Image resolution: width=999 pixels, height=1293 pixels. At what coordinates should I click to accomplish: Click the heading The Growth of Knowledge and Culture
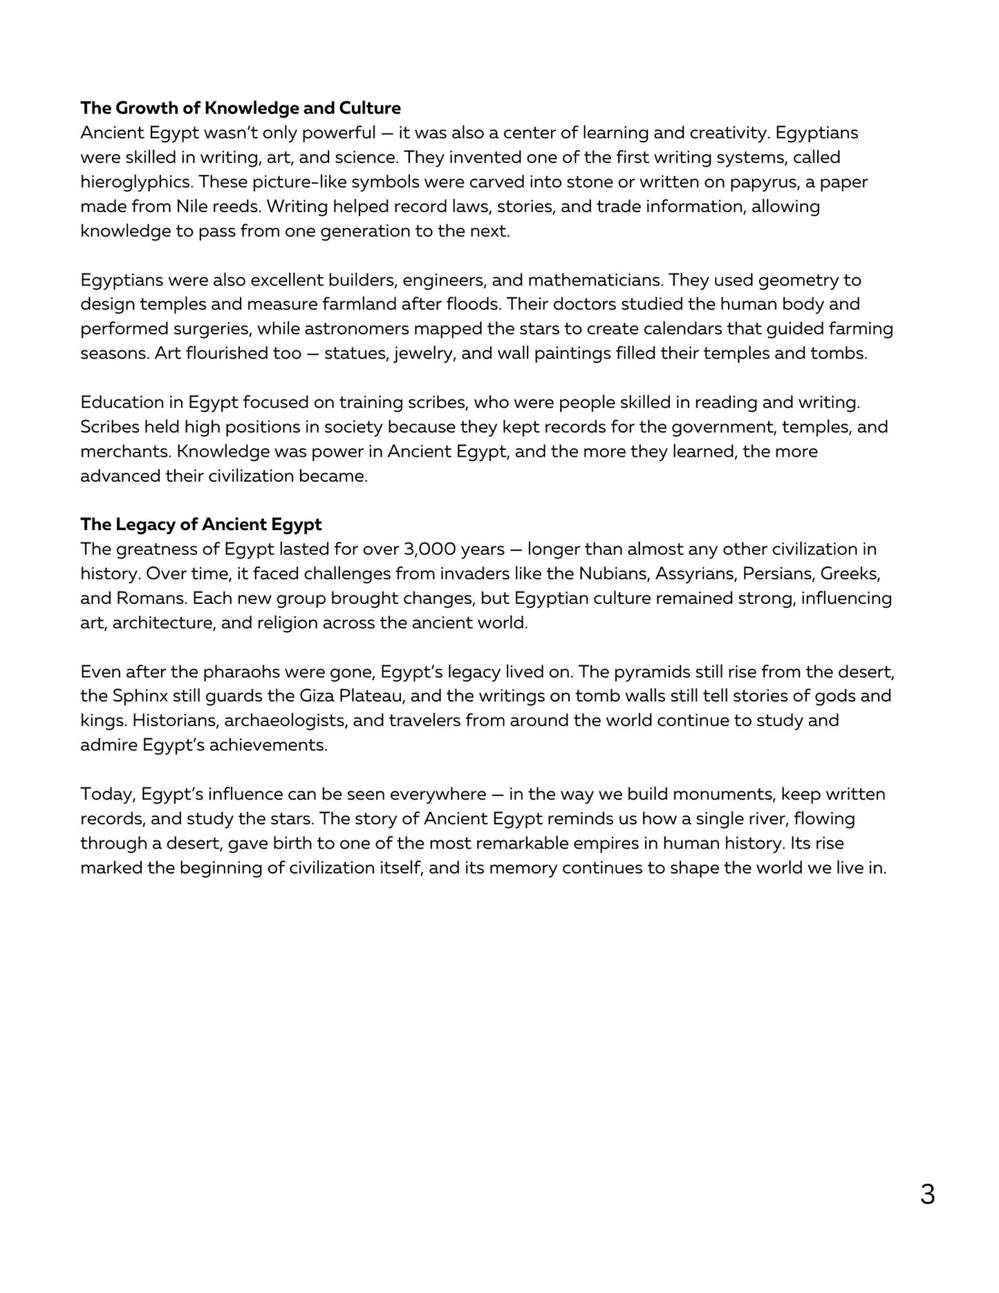(240, 108)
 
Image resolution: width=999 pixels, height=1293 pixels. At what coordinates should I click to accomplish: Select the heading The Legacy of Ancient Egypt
(200, 525)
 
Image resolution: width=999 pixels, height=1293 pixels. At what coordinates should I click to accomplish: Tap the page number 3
(927, 1195)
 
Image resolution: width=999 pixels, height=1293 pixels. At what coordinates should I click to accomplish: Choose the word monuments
(724, 794)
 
